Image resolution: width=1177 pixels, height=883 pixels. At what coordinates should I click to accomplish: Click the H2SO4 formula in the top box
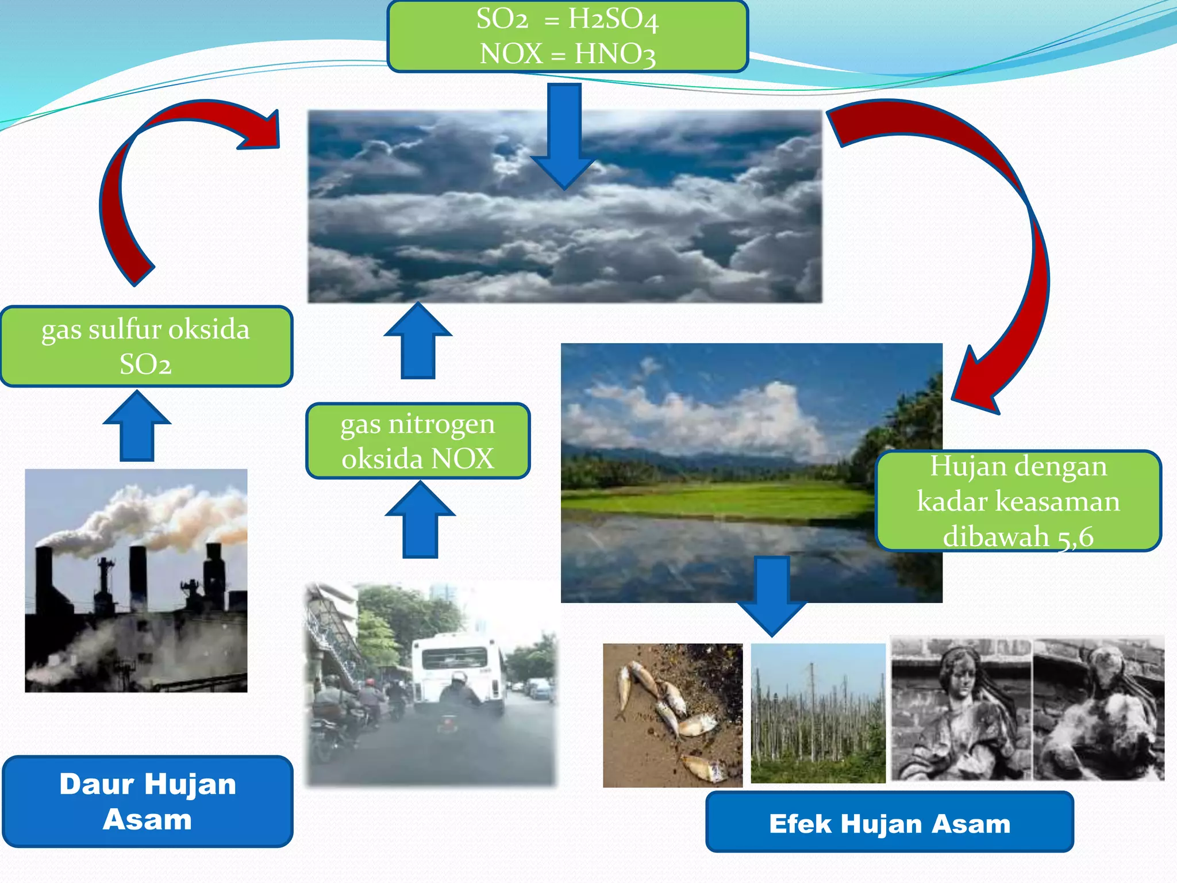pos(613,20)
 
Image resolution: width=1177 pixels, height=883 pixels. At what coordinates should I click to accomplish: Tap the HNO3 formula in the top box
pos(615,55)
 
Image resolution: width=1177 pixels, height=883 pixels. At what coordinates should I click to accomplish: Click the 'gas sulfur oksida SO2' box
pos(146,346)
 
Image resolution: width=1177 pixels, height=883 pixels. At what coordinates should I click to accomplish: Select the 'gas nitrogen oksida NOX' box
pos(418,441)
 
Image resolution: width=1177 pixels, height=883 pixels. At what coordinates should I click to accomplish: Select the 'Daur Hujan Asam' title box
pos(148,801)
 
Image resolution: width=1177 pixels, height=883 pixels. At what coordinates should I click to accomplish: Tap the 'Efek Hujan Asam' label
pos(889,823)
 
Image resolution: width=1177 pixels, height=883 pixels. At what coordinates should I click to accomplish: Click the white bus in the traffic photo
pos(457,667)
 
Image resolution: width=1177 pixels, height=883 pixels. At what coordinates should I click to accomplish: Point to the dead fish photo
pos(672,715)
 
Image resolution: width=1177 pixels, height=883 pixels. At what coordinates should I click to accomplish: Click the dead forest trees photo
pos(818,713)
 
